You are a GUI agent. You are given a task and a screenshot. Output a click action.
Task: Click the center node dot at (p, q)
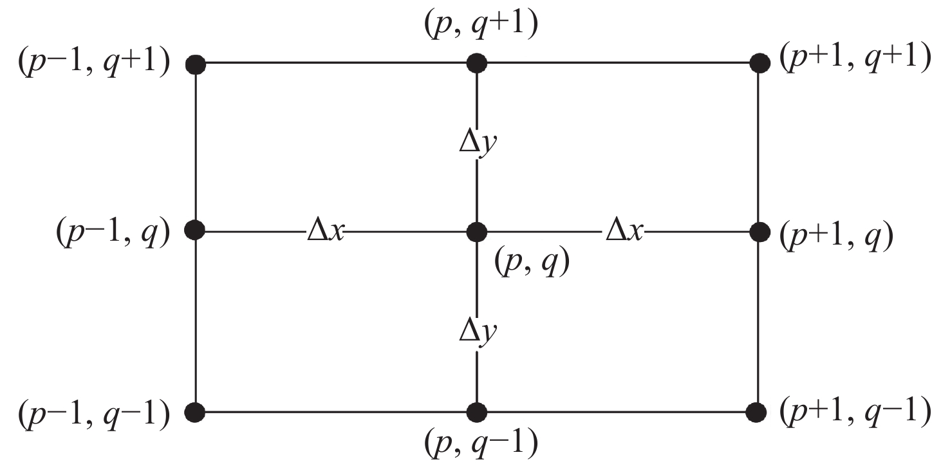[x=476, y=230]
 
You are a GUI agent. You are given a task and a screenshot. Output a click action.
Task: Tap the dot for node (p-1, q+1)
[x=194, y=64]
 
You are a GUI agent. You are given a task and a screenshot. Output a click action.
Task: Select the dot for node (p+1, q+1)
[x=760, y=63]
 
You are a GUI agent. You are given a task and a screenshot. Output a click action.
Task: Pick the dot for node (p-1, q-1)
[x=194, y=411]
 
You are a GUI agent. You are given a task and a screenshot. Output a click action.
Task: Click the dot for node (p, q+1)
[x=476, y=63]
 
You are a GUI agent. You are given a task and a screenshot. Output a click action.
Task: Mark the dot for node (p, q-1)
[x=476, y=411]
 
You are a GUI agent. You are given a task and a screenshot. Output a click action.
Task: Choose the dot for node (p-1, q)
[x=194, y=230]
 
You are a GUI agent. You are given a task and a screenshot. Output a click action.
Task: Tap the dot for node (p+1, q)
[x=760, y=230]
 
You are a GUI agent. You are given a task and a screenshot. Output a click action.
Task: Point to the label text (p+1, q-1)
[x=855, y=410]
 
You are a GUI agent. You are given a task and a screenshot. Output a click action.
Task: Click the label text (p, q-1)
[x=481, y=444]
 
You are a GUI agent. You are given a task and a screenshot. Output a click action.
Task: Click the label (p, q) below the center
[x=532, y=262]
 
